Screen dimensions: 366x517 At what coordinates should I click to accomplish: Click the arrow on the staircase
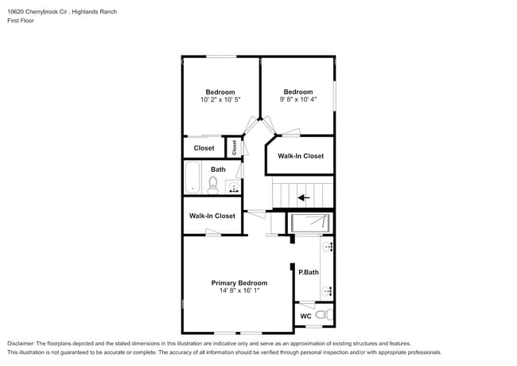tap(302, 197)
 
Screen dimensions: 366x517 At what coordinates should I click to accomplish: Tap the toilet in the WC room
tap(321, 316)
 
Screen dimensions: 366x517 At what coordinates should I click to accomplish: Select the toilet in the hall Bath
tap(212, 185)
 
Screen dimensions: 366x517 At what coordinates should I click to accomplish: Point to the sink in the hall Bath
tap(233, 188)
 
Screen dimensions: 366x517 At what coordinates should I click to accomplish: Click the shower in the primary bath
tap(310, 223)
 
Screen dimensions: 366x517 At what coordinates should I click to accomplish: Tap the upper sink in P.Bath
tap(328, 247)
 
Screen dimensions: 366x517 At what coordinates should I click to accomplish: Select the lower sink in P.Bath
tap(328, 291)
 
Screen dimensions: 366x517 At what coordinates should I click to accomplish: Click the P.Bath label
tap(308, 272)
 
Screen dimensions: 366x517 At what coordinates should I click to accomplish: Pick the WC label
tap(305, 317)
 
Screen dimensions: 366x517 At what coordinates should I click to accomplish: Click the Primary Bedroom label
tap(239, 282)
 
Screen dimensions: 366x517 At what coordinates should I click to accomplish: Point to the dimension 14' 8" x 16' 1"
tap(239, 291)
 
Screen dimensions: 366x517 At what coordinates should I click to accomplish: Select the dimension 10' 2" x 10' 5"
tap(220, 100)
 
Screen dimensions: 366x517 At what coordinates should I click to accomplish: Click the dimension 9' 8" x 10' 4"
tap(298, 100)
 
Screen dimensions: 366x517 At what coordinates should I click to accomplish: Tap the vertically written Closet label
tap(235, 147)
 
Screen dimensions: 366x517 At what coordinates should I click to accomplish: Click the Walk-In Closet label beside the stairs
tap(300, 156)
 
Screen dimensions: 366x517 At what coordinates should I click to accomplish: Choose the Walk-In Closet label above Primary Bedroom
tap(212, 216)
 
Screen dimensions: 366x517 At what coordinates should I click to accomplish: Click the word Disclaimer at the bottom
tap(21, 342)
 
